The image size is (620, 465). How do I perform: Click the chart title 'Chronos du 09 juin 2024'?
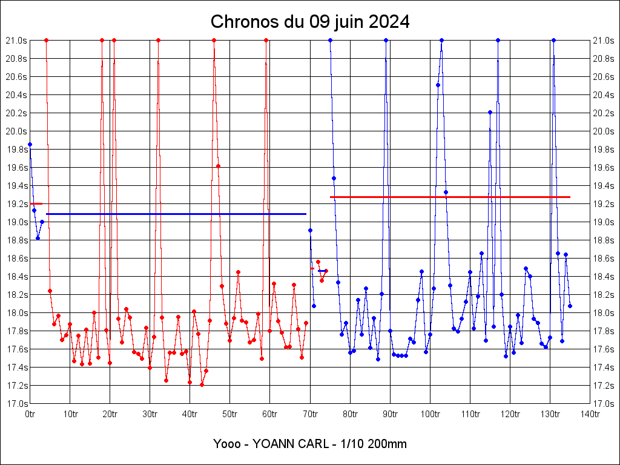(310, 22)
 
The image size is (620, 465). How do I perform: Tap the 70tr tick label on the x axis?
(310, 414)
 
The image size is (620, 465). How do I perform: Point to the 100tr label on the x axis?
(430, 414)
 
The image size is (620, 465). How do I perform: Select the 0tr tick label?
(30, 414)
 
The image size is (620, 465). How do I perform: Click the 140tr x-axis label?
(590, 414)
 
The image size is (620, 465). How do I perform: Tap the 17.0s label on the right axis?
(603, 404)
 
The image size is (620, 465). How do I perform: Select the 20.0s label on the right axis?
(603, 131)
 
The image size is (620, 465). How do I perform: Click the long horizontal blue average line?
(176, 214)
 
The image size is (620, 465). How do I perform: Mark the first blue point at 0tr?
(30, 144)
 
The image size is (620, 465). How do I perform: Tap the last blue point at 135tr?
(570, 306)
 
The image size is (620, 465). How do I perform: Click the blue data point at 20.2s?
(490, 112)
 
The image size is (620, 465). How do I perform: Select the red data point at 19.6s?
(218, 166)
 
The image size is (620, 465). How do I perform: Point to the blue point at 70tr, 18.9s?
(310, 230)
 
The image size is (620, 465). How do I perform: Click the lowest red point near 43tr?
(202, 384)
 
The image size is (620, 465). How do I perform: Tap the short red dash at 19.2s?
(36, 203)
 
